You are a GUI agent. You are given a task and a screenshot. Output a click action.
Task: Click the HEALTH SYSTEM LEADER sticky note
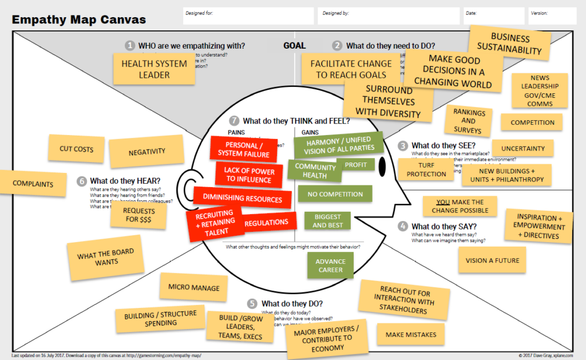pyautogui.click(x=155, y=69)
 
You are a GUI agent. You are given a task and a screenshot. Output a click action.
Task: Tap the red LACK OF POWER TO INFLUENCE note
pyautogui.click(x=250, y=175)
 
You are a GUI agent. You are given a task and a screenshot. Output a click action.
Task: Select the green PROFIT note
pyautogui.click(x=356, y=165)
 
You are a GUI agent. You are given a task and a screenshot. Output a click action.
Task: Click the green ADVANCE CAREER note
pyautogui.click(x=330, y=266)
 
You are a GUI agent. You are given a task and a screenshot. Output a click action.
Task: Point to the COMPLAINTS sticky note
pyautogui.click(x=33, y=184)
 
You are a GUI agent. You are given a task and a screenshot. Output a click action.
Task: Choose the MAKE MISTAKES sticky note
pyautogui.click(x=411, y=334)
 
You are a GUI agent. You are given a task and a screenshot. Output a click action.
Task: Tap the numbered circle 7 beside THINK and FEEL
pyautogui.click(x=233, y=121)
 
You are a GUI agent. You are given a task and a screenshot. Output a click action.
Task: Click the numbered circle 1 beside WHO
pyautogui.click(x=130, y=45)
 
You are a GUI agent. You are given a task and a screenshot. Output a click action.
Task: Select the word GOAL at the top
pyautogui.click(x=294, y=46)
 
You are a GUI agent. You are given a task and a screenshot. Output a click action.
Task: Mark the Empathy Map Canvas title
pyautogui.click(x=79, y=19)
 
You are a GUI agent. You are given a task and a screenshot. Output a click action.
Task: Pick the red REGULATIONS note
pyautogui.click(x=267, y=222)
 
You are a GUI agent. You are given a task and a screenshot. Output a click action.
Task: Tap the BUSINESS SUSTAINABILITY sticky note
pyautogui.click(x=510, y=44)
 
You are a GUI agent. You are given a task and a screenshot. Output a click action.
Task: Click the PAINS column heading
pyautogui.click(x=236, y=133)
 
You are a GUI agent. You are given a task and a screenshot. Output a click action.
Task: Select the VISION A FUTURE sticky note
pyautogui.click(x=492, y=260)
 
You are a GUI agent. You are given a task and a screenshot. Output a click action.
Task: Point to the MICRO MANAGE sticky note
pyautogui.click(x=193, y=288)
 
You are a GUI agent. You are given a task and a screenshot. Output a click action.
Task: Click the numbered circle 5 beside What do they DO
pyautogui.click(x=252, y=303)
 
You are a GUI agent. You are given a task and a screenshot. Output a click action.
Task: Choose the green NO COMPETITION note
pyautogui.click(x=335, y=194)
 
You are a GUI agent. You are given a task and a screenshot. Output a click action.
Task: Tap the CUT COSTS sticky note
pyautogui.click(x=76, y=149)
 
